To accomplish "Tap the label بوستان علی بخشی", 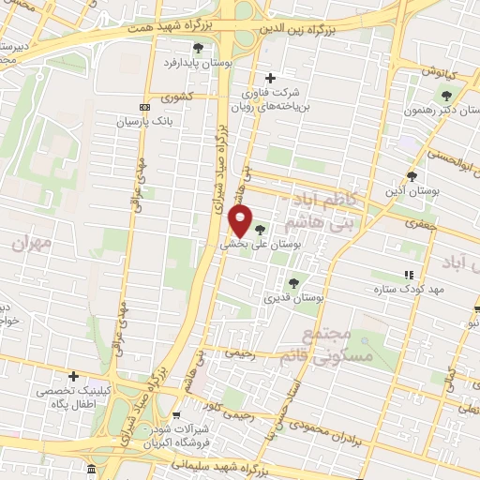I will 258,242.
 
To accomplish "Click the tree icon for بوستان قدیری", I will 293,282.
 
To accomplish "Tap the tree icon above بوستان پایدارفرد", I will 197,47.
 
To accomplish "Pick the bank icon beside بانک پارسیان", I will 143,108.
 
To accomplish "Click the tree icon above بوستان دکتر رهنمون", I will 446,94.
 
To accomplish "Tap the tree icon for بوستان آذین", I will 412,175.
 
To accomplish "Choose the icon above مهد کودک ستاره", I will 408,275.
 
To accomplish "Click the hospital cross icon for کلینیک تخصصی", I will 73,375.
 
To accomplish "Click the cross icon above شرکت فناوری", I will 271,78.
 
